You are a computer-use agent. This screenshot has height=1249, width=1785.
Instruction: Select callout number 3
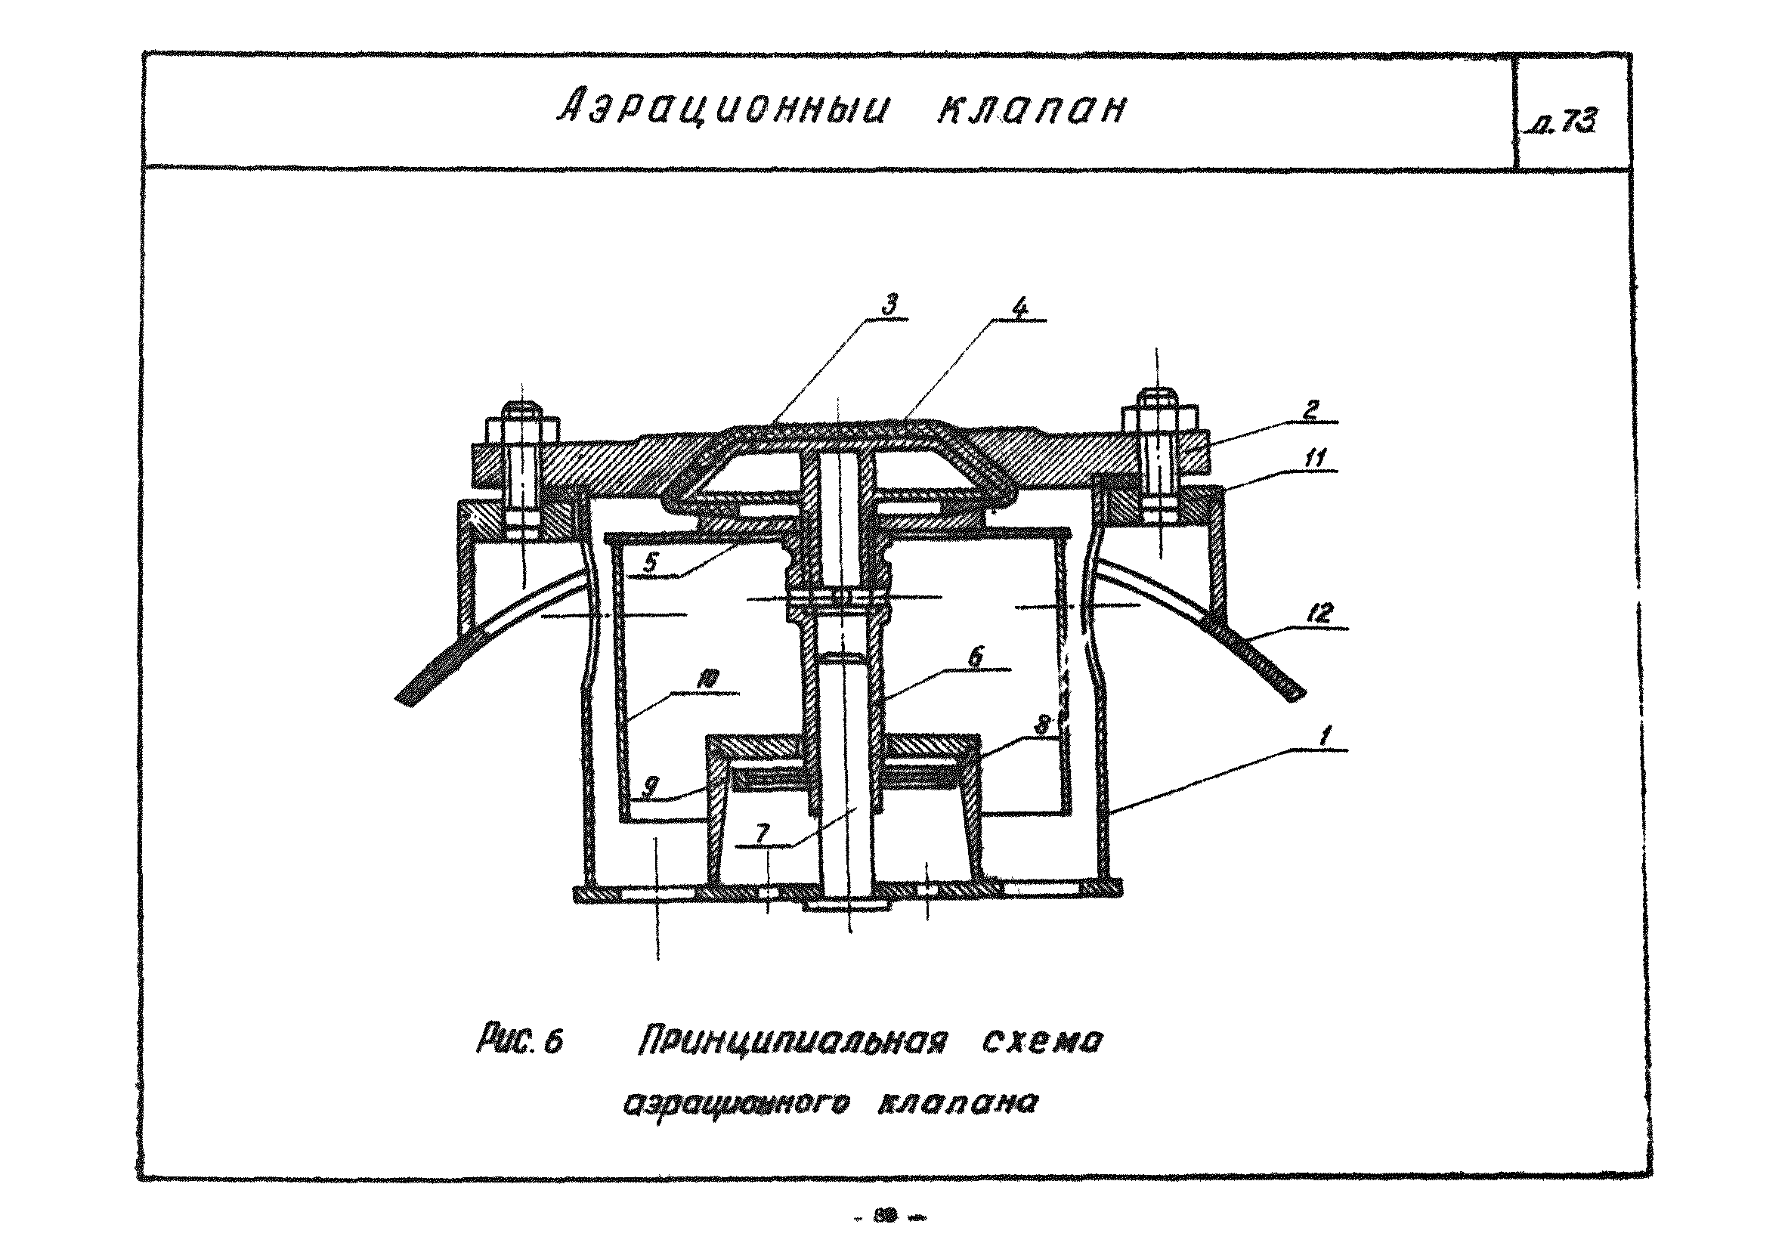pyautogui.click(x=891, y=303)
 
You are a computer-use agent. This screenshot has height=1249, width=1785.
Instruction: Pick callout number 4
pyautogui.click(x=1020, y=308)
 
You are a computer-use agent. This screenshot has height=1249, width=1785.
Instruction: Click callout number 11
pyautogui.click(x=1314, y=459)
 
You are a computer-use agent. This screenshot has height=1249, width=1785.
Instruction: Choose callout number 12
pyautogui.click(x=1319, y=614)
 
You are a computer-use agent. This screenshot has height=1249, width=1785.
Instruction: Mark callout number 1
pyautogui.click(x=1326, y=734)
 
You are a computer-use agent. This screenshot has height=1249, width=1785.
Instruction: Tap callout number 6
pyautogui.click(x=975, y=657)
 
